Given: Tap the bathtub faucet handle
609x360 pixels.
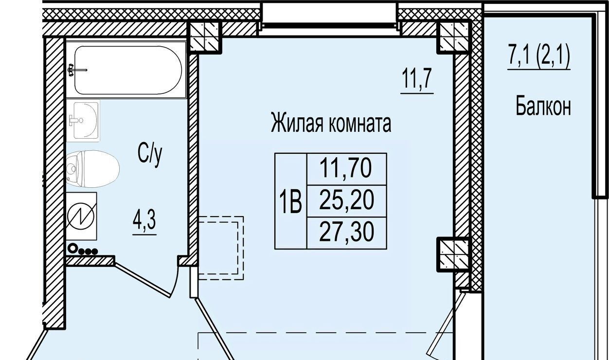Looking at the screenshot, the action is tap(71, 70).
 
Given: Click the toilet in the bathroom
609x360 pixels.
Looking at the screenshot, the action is tap(93, 169).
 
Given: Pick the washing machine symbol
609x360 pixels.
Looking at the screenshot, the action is tap(81, 216).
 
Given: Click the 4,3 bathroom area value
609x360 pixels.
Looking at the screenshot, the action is tap(144, 220).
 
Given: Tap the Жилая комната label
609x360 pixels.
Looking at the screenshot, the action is tap(331, 124).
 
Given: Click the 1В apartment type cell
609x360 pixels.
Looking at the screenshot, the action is tap(290, 201).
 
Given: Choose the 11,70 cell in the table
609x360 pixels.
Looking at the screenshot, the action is tap(347, 169).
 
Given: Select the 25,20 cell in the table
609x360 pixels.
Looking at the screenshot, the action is tap(347, 201).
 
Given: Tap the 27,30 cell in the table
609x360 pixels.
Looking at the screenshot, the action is tap(347, 233).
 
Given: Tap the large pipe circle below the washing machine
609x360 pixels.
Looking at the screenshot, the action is tap(72, 248).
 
